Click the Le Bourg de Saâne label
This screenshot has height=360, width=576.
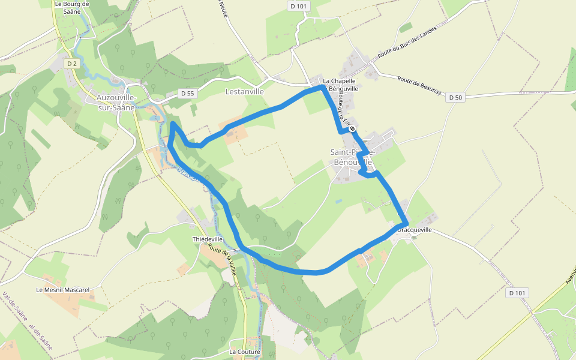[x=71, y=7]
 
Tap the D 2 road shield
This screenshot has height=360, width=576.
[x=72, y=63]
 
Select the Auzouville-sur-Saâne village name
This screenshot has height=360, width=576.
[x=116, y=101]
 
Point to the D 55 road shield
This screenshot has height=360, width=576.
[x=188, y=94]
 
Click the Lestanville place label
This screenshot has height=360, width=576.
[x=244, y=92]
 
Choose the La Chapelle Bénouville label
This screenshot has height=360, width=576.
[x=340, y=85]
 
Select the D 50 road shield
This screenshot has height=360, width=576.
[x=455, y=97]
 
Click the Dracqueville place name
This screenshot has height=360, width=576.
[x=415, y=230]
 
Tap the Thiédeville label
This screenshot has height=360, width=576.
[x=208, y=239]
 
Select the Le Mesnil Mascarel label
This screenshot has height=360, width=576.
[x=62, y=290]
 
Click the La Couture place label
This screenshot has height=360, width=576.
[x=244, y=352]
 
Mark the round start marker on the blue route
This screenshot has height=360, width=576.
[x=353, y=128]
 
